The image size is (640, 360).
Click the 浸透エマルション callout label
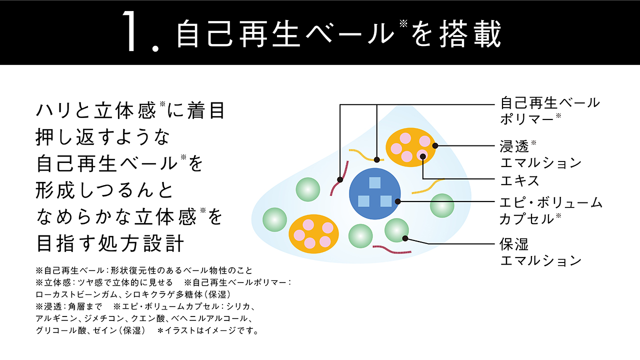[x=540, y=154]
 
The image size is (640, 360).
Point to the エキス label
[x=519, y=180]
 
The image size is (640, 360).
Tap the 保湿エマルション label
[x=540, y=252]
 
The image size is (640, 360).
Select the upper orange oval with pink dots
[x=411, y=147]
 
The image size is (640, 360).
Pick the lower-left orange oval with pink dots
[x=313, y=234]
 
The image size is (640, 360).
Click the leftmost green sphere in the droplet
[x=274, y=219]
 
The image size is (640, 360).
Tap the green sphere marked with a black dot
[x=396, y=230]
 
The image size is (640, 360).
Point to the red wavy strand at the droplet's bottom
[x=388, y=248]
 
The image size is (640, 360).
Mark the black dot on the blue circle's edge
[x=398, y=201]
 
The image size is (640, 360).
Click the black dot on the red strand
[x=340, y=179]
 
